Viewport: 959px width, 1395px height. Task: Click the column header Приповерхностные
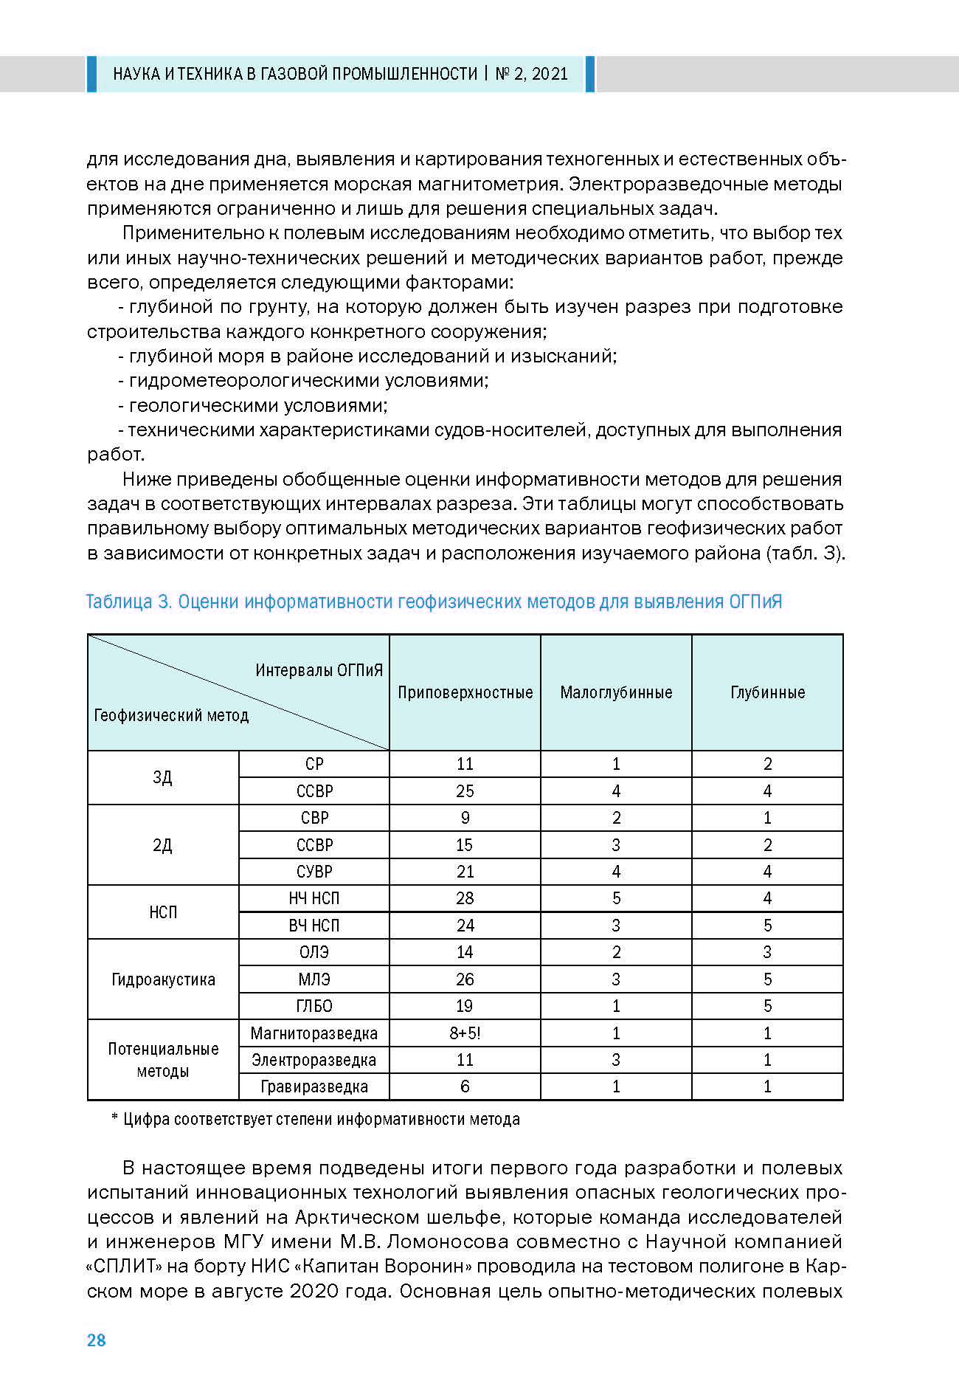(465, 692)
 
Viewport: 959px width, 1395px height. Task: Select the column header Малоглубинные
(616, 692)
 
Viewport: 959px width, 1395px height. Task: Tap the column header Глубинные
(767, 692)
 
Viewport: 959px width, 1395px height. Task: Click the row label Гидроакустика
(163, 979)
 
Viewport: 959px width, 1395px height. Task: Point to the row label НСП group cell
(163, 912)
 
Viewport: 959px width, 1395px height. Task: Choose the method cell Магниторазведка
(314, 1033)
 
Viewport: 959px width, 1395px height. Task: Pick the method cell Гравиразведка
(314, 1086)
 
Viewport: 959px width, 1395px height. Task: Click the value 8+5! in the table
(465, 1033)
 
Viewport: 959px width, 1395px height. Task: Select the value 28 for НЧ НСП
(465, 898)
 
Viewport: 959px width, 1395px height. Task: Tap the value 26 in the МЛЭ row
(465, 979)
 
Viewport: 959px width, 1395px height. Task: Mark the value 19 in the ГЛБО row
(465, 1006)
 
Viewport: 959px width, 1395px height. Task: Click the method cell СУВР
(314, 872)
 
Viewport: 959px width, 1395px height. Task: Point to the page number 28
(97, 1340)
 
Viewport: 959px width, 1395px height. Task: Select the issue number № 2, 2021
(532, 74)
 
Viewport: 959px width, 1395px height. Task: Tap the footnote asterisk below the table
(114, 1118)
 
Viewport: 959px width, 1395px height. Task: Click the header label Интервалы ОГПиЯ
(319, 670)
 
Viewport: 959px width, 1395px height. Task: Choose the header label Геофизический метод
(171, 715)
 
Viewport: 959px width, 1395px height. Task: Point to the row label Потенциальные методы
(163, 1060)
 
